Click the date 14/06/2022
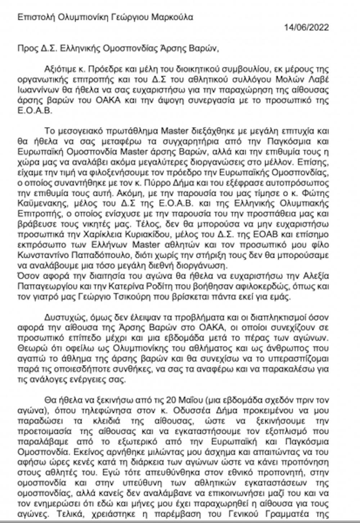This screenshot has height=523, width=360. coord(306,28)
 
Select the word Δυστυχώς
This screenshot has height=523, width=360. coord(62,317)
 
